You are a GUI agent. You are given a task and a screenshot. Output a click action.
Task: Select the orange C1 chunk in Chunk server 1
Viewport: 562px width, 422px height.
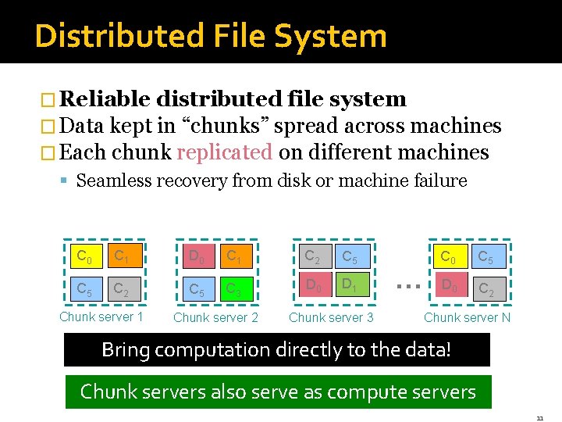tap(123, 256)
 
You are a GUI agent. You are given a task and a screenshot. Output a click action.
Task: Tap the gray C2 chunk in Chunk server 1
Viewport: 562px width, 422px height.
tap(123, 290)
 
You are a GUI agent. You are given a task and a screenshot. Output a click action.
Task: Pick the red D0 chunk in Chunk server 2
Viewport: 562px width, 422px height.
tap(197, 256)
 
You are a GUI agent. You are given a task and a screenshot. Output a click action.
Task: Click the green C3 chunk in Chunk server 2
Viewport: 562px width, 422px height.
tap(233, 290)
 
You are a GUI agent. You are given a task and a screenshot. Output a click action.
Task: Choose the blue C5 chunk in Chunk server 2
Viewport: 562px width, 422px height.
tap(197, 290)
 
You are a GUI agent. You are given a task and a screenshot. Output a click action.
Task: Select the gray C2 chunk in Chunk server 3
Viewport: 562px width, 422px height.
tap(312, 256)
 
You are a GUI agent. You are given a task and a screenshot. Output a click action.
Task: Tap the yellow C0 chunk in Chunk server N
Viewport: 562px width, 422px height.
tap(449, 256)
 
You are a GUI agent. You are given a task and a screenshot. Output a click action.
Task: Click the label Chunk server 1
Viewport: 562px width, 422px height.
tap(101, 316)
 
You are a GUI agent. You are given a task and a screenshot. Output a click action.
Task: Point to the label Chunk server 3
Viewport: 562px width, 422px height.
tap(331, 316)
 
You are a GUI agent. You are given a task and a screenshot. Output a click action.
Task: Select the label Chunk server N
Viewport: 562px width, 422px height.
tap(467, 316)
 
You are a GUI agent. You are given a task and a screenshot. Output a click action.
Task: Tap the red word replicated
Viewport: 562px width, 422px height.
tap(225, 152)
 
